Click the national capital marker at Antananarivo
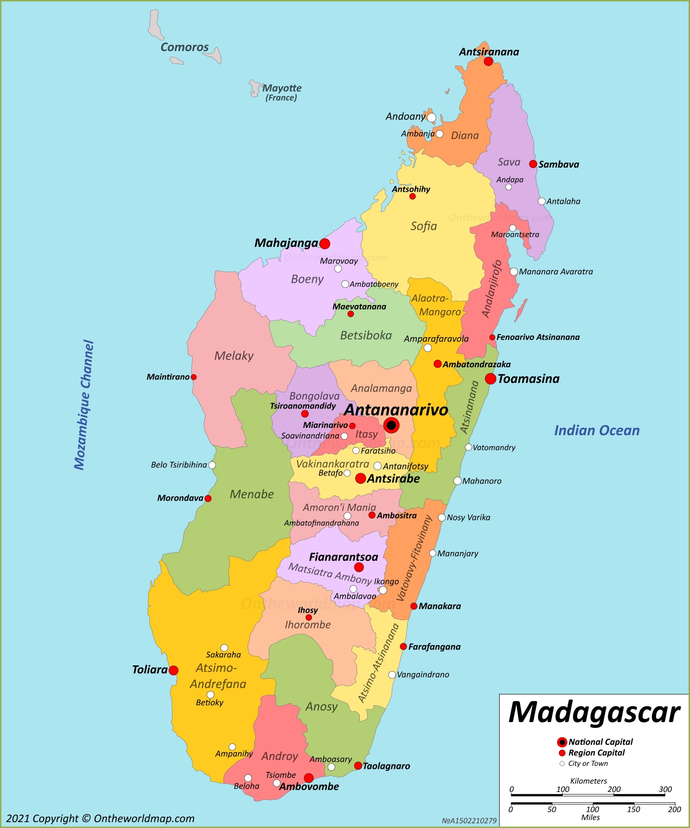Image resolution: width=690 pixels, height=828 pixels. point(391,425)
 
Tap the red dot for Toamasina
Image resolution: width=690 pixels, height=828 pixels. point(490,379)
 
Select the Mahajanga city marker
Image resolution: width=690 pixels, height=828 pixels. point(325,243)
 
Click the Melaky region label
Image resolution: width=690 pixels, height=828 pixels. point(234,356)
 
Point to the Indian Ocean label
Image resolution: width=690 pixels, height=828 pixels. point(596,430)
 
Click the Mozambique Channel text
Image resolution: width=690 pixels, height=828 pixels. point(84,405)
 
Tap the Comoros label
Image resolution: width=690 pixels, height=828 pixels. point(185,47)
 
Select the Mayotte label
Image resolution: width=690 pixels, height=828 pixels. point(281,88)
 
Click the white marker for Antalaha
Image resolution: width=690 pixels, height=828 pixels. point(542,201)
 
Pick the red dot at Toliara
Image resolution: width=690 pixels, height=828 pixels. point(173,670)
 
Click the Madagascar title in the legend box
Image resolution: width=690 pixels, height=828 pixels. point(594,713)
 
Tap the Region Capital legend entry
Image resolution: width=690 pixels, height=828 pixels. point(596,753)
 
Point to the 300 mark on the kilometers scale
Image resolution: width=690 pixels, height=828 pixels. point(665,790)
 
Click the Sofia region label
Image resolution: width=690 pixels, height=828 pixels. point(423,226)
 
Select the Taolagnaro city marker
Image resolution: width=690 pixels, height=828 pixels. point(358,766)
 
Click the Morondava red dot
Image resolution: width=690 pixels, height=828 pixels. point(208,498)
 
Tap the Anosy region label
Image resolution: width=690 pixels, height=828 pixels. point(321,707)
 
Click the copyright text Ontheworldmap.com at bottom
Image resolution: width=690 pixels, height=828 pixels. point(101,819)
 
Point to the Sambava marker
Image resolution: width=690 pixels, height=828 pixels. point(533,164)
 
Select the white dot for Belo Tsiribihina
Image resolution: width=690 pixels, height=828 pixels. point(212,465)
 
